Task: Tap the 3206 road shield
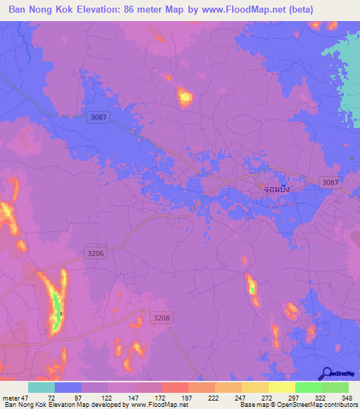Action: click(x=96, y=252)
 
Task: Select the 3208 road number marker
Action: click(x=162, y=318)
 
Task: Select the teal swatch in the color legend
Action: click(x=41, y=387)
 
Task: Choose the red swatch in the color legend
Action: click(x=174, y=387)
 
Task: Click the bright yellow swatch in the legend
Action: click(x=281, y=387)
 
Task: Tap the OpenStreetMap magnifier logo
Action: click(x=327, y=373)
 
